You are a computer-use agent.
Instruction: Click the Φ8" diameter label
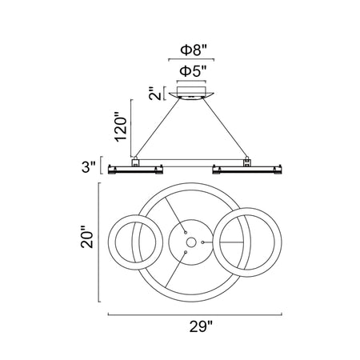click(194, 50)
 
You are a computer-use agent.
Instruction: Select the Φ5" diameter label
click(193, 71)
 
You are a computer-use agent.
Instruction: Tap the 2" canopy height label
click(155, 94)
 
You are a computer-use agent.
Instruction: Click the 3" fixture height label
click(88, 166)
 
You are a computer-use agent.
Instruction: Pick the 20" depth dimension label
click(87, 238)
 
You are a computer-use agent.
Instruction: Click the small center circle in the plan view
click(191, 242)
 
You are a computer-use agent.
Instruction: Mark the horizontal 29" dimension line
click(194, 314)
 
